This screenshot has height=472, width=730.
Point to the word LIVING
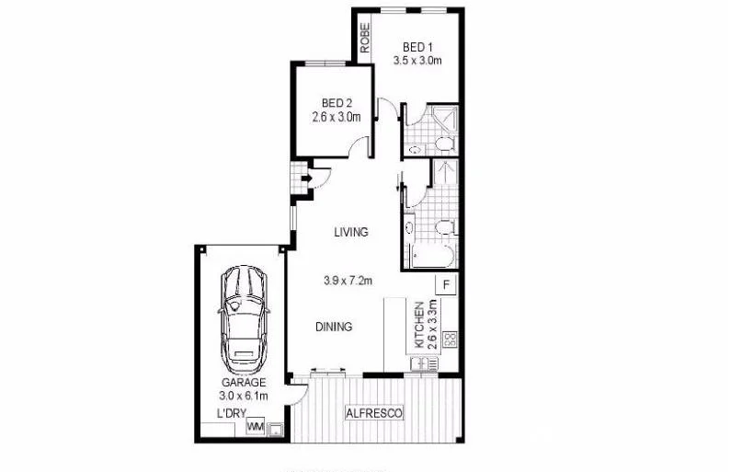(351, 232)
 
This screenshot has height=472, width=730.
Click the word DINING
(334, 326)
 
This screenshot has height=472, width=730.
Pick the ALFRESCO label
(374, 414)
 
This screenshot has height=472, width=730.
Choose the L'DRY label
(231, 413)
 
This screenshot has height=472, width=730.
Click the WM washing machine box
(256, 427)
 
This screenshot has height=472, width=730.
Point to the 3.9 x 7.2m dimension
(348, 281)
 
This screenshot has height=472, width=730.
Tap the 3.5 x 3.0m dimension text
(419, 62)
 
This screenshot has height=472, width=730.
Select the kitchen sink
(426, 364)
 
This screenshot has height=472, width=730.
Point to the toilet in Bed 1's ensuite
(441, 144)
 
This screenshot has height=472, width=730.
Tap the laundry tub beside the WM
(274, 428)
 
